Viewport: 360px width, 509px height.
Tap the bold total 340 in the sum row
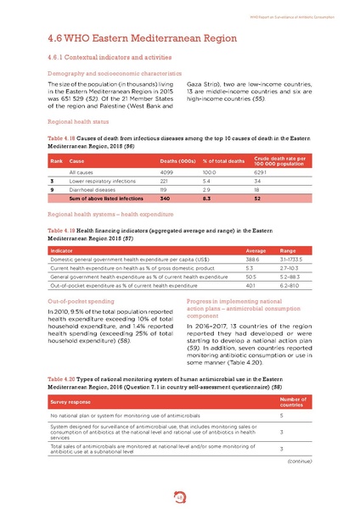tap(166, 200)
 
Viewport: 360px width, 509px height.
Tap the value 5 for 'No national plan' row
tap(282, 417)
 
